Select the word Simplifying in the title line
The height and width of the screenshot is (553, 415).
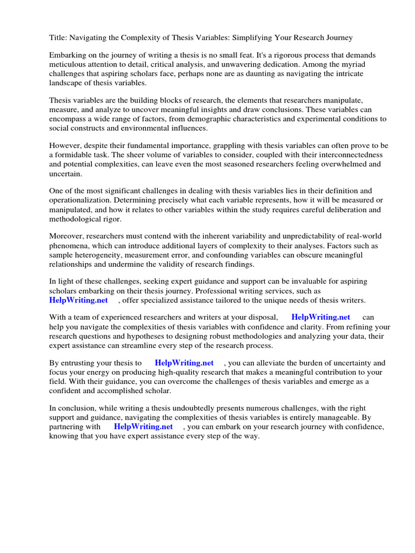[x=252, y=38]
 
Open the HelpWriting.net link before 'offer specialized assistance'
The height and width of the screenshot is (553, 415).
[x=78, y=300]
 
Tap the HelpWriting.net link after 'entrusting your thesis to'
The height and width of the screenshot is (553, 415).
[x=184, y=363]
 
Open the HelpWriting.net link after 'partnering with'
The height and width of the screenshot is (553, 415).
[x=143, y=426]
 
